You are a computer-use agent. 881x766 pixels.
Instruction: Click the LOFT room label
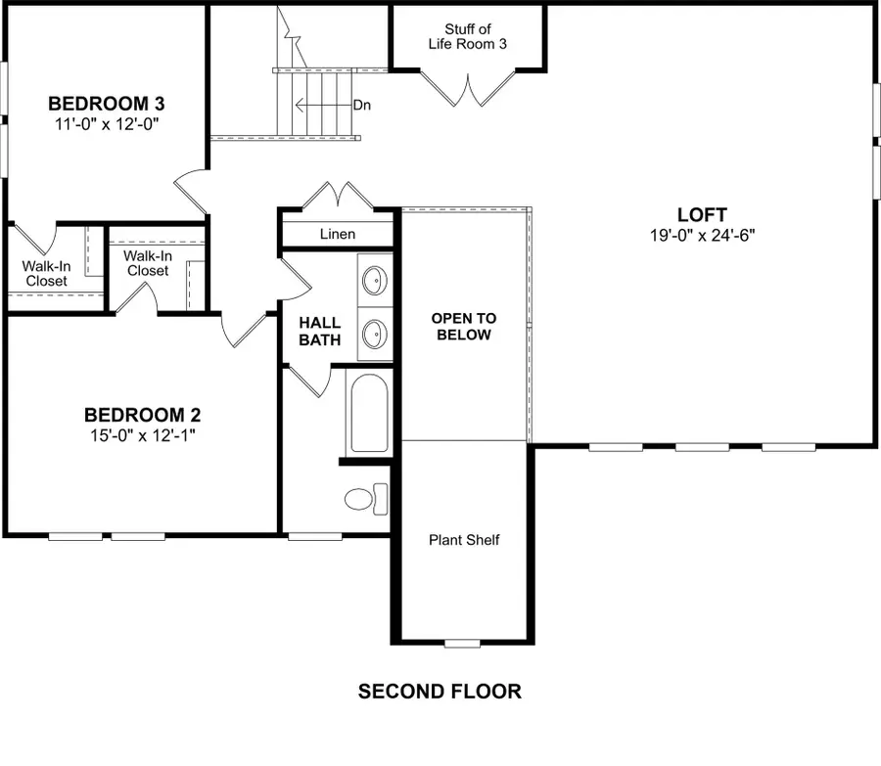click(702, 214)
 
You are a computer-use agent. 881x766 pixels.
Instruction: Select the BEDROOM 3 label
click(106, 104)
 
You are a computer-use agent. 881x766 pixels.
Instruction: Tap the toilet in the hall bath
click(366, 498)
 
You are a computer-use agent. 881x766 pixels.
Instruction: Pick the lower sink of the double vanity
click(373, 335)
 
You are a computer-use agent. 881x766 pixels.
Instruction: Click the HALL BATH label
click(320, 332)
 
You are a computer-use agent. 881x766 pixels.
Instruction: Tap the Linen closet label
click(338, 235)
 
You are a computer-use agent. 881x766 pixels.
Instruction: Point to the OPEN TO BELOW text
click(464, 327)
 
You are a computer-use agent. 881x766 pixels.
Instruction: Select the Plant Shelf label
click(464, 540)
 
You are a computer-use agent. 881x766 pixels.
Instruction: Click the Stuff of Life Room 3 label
click(467, 37)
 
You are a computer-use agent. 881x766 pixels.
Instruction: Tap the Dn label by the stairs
click(361, 105)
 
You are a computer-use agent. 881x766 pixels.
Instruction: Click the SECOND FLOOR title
click(440, 692)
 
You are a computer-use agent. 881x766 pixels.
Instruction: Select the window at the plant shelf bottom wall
click(463, 643)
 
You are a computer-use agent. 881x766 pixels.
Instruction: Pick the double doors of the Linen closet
click(338, 196)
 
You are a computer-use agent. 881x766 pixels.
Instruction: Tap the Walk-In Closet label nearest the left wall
click(46, 273)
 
